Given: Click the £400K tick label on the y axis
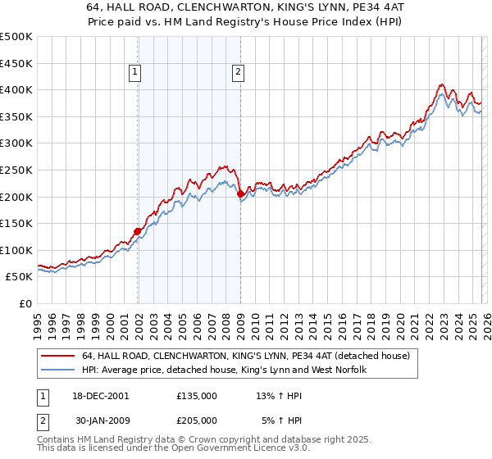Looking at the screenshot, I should pyautogui.click(x=16, y=89).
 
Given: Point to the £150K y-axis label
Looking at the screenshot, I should pyautogui.click(x=16, y=223).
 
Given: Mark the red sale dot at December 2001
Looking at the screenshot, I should pyautogui.click(x=137, y=231).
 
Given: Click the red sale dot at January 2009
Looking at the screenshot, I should pyautogui.click(x=240, y=194).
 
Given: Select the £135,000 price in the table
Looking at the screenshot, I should pyautogui.click(x=196, y=395).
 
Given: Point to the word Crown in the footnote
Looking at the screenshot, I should pyautogui.click(x=213, y=439).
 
